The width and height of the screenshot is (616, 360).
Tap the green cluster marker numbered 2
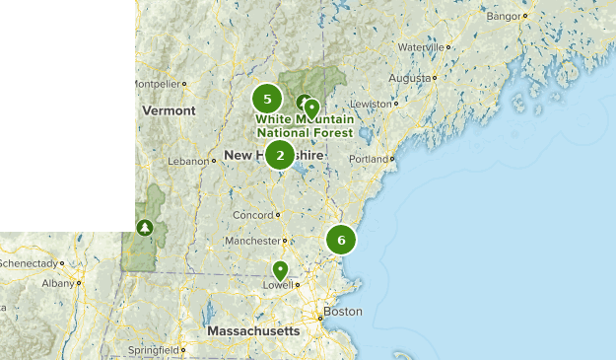click(x=280, y=154)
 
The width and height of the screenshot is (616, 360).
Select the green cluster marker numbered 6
click(x=341, y=240)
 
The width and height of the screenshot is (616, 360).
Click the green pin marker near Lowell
click(x=280, y=269)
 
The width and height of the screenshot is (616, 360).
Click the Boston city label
click(x=342, y=312)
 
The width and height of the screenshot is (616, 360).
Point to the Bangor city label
click(x=503, y=17)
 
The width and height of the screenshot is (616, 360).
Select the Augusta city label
click(x=410, y=78)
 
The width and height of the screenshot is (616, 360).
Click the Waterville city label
click(x=421, y=46)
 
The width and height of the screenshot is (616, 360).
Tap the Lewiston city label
click(x=374, y=104)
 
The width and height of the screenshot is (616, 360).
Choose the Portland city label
click(x=369, y=158)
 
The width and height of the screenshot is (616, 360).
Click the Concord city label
click(x=250, y=215)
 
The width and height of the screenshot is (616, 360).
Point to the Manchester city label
click(x=252, y=241)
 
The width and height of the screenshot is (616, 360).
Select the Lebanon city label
click(x=188, y=161)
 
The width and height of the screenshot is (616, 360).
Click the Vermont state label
click(x=170, y=110)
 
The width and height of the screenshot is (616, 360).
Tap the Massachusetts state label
click(x=253, y=331)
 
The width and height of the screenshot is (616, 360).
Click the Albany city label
click(x=59, y=283)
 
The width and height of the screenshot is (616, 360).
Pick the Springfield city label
click(x=152, y=350)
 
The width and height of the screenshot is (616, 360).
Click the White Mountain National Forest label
click(x=305, y=126)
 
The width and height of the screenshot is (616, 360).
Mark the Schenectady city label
click(x=28, y=263)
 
